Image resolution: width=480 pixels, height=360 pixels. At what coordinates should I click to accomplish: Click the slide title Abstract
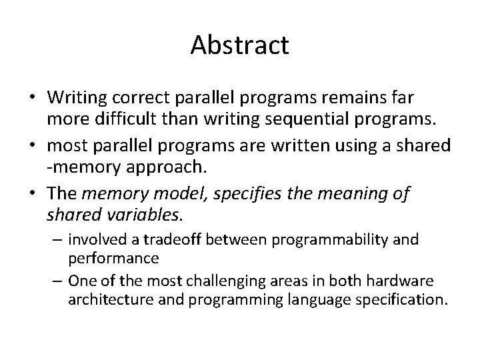239,45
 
